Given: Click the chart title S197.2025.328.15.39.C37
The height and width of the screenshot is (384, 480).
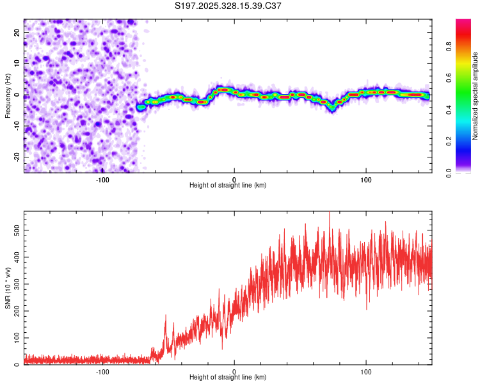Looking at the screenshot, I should tap(228, 6).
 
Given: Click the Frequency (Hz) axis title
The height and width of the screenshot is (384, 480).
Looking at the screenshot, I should tap(8, 96).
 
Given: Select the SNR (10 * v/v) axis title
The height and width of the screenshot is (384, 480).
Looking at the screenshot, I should tap(8, 288).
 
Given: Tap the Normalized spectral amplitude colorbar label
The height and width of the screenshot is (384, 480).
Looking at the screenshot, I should tap(475, 96).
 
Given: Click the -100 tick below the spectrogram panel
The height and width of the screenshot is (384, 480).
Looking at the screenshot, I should tap(102, 179).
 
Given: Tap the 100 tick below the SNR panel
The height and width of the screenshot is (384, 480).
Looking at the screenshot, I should tap(366, 371).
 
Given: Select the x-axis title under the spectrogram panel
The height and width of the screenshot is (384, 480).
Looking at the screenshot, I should tap(228, 186).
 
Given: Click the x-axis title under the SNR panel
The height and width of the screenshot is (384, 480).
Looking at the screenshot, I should tap(228, 378).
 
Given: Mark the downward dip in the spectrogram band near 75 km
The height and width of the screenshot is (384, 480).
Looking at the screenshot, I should tap(332, 109).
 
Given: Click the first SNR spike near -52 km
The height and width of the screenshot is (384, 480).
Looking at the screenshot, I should tap(165, 316).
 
